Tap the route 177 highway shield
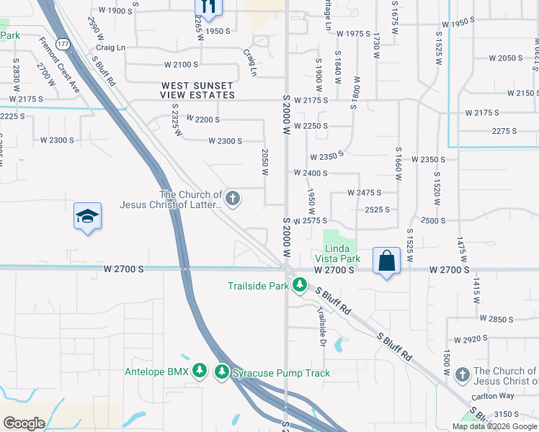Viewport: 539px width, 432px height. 63,45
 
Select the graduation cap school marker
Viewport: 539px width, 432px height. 87,216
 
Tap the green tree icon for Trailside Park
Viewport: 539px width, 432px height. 300,286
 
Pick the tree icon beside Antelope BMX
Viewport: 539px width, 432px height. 200,372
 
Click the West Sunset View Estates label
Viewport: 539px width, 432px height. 198,90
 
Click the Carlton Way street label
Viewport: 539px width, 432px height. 493,396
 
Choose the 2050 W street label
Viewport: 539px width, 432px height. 264,163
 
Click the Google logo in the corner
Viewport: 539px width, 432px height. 24,423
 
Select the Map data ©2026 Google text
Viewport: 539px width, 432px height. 494,426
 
